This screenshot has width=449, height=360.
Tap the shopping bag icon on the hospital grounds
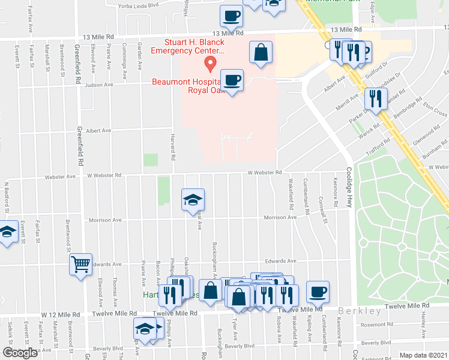pyautogui.click(x=261, y=52)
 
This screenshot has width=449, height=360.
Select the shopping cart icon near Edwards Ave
pyautogui.click(x=80, y=264)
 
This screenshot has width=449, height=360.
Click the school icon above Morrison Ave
pyautogui.click(x=193, y=200)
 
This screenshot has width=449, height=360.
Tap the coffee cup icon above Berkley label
pyautogui.click(x=318, y=292)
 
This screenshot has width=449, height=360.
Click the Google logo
pyautogui.click(x=20, y=353)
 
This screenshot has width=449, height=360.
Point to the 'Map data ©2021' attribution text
pyautogui.click(x=424, y=355)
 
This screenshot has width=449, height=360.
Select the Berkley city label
pyautogui.click(x=360, y=311)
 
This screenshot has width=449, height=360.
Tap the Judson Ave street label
pyautogui.click(x=99, y=85)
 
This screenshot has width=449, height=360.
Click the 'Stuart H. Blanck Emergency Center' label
pyautogui.click(x=194, y=47)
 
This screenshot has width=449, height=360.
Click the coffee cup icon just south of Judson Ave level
pyautogui.click(x=232, y=80)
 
